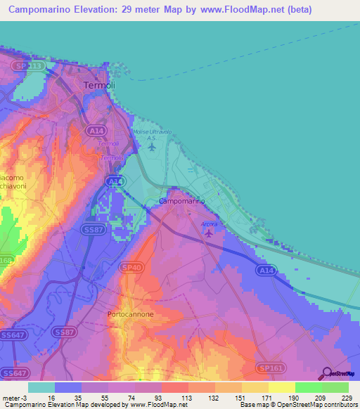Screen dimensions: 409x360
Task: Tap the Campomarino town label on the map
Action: click(182, 202)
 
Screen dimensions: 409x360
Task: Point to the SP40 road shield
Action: click(130, 268)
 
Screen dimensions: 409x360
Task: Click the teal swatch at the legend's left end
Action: click(41, 387)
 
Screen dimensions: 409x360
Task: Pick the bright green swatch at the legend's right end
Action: click(335, 387)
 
